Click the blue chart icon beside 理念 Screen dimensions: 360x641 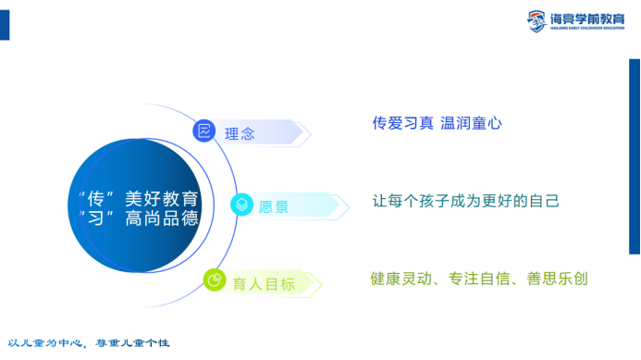[203, 131]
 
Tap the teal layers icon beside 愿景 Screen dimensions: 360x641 [240, 205]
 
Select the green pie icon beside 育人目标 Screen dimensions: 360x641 [215, 279]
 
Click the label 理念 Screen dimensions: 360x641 [240, 133]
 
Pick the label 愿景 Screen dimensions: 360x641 [274, 206]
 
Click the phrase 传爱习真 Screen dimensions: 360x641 [402, 122]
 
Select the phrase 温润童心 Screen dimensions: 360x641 [472, 122]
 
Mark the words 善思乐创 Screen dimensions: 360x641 [556, 278]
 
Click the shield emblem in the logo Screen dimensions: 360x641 [536, 19]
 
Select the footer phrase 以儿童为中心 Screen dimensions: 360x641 [45, 343]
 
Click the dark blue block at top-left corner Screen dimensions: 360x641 [5, 26]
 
